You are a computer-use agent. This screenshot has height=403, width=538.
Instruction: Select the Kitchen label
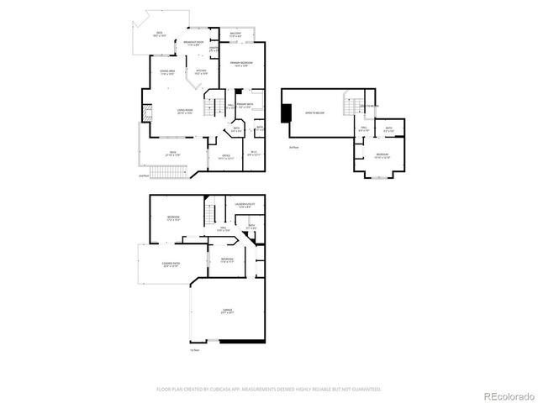click(x=202, y=72)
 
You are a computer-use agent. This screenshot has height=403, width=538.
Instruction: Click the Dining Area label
click(x=167, y=72)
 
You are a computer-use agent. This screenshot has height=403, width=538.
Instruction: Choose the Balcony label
click(x=235, y=34)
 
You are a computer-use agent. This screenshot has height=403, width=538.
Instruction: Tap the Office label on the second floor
click(x=226, y=156)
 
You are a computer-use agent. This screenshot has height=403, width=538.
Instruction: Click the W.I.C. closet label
click(x=254, y=154)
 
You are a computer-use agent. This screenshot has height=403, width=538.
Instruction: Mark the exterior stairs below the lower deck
click(x=169, y=172)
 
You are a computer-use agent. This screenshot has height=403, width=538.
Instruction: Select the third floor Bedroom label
click(x=382, y=156)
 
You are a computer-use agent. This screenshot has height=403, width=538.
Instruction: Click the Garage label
click(x=227, y=311)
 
